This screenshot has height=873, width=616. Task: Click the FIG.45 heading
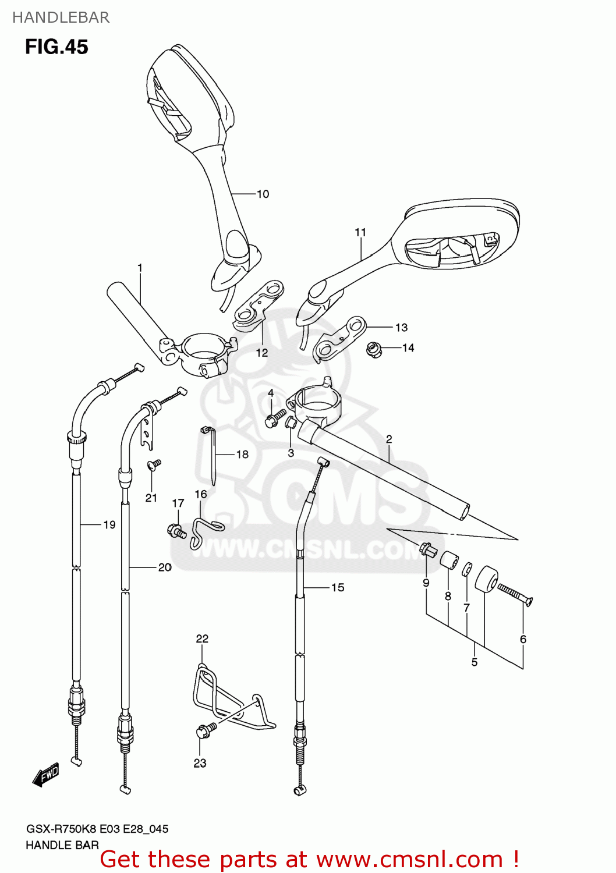click(56, 47)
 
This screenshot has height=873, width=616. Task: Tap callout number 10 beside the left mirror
click(263, 194)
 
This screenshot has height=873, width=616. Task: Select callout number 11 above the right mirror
click(360, 233)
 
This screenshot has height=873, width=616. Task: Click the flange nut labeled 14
click(374, 350)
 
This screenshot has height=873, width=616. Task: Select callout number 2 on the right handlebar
click(389, 439)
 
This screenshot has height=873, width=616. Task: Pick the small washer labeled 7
click(467, 569)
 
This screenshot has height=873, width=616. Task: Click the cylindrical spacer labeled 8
click(448, 560)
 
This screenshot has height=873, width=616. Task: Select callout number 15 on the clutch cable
click(338, 588)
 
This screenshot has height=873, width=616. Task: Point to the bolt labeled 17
click(176, 530)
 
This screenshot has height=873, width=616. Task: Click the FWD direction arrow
click(47, 776)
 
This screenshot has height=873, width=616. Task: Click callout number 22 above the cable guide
click(202, 639)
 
